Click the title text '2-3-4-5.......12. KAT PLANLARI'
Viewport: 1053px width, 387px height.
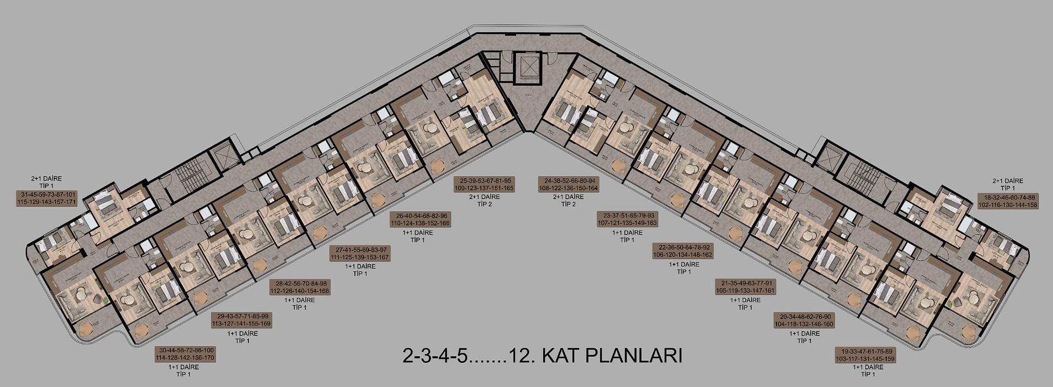click(542, 356)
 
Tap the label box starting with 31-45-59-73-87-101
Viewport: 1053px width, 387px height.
click(48, 198)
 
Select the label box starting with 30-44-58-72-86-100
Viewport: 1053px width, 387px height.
click(185, 354)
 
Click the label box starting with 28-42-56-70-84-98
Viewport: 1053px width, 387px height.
click(299, 287)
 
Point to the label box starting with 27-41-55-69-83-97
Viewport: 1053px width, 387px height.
click(359, 254)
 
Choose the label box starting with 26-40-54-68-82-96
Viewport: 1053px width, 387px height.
click(420, 220)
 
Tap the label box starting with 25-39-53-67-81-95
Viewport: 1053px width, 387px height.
click(484, 184)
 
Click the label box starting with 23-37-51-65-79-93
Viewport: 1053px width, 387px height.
click(627, 220)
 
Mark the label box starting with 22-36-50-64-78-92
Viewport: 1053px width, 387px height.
click(683, 251)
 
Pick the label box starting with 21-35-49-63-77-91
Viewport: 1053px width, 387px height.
click(745, 287)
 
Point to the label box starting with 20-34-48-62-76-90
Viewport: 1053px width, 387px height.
click(803, 320)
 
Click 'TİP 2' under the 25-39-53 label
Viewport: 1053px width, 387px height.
click(484, 204)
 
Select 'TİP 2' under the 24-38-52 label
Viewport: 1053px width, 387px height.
click(568, 204)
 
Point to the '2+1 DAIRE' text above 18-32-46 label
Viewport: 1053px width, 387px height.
click(1007, 181)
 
